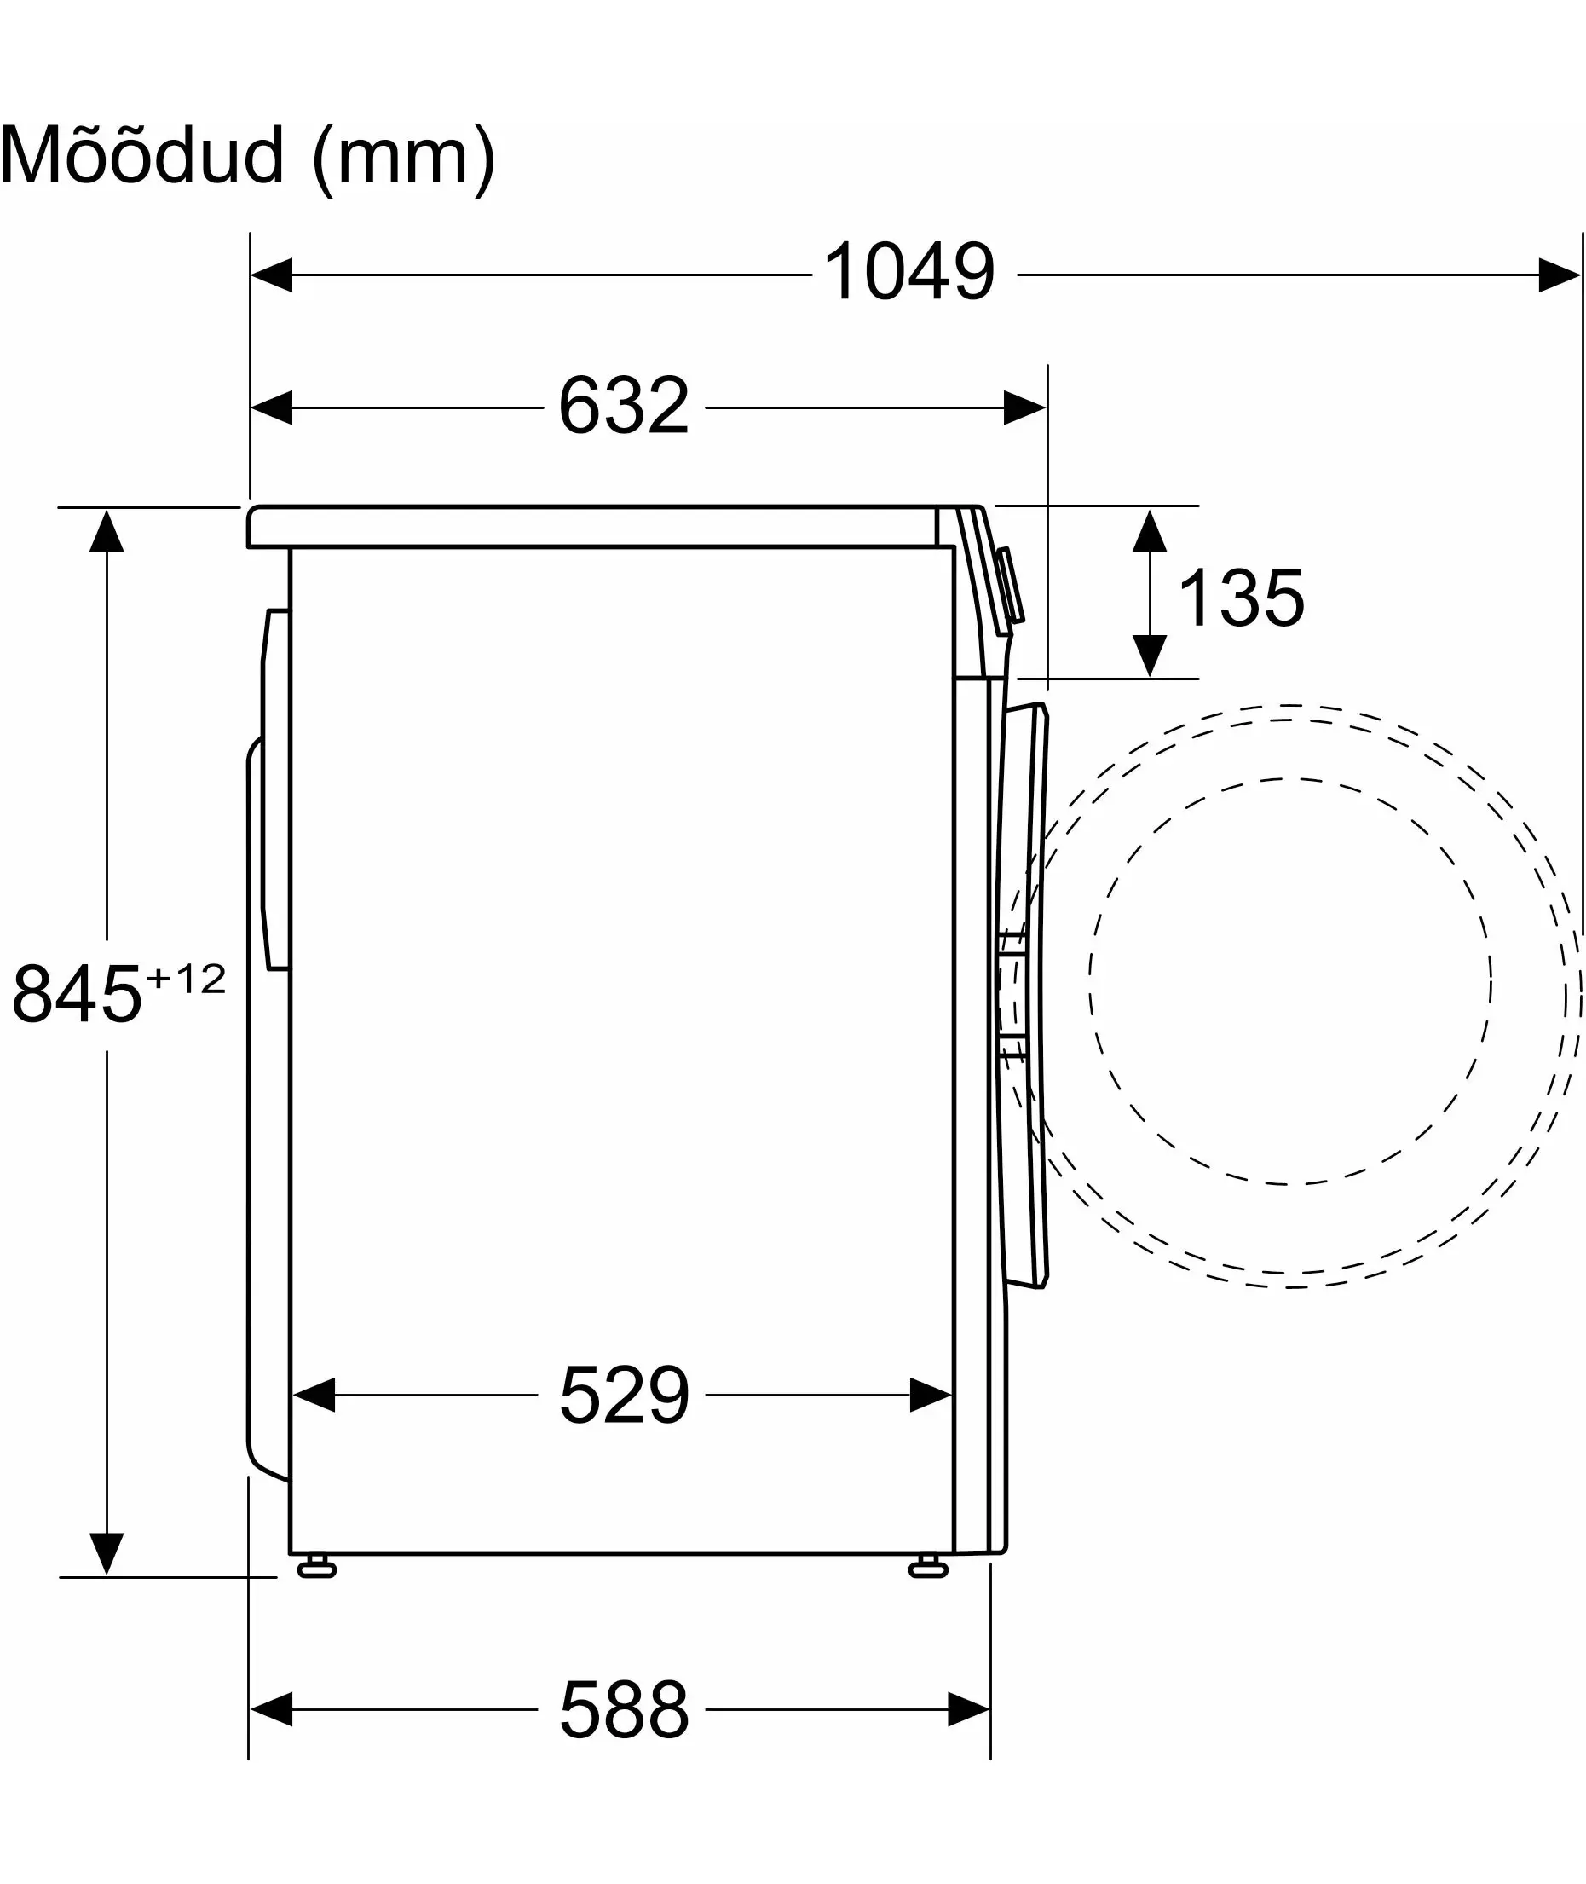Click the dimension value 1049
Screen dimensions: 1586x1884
pyautogui.click(x=909, y=272)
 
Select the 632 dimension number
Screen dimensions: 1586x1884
pyautogui.click(x=624, y=406)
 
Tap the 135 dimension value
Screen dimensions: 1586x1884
pyautogui.click(x=1241, y=598)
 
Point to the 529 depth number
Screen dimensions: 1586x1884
pyautogui.click(x=624, y=1395)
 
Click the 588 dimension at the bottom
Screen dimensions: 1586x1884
pyautogui.click(x=624, y=1709)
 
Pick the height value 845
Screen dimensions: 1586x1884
pyautogui.click(x=78, y=995)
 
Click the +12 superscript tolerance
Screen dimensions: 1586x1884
pyautogui.click(x=186, y=980)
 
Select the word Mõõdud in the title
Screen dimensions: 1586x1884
pyautogui.click(x=143, y=154)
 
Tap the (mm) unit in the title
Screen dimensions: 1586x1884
pyautogui.click(x=404, y=159)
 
